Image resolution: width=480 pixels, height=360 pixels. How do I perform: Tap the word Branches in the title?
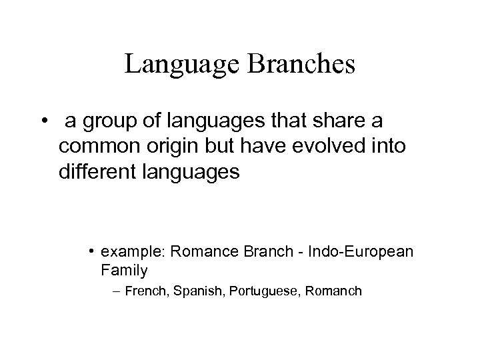pos(302,65)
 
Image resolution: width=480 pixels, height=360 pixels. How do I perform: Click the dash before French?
pos(118,291)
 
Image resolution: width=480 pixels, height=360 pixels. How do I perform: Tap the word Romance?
pos(203,253)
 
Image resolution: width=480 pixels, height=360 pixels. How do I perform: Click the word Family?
pos(124,271)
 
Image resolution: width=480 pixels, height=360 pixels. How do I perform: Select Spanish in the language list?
pos(195,291)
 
